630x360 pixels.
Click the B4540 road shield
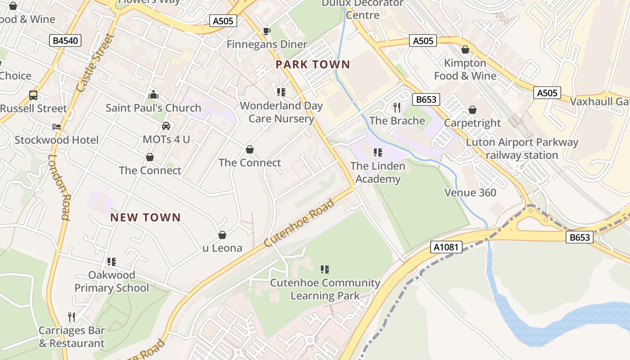(x=65, y=41)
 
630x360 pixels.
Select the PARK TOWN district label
(x=313, y=64)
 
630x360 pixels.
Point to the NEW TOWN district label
(x=145, y=218)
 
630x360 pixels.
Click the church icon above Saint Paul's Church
(x=153, y=94)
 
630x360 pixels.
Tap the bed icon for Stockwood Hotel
(x=56, y=127)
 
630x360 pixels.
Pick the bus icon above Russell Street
(x=33, y=95)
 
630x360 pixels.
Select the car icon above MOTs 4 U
(x=166, y=126)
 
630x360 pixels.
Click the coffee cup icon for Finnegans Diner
(x=266, y=31)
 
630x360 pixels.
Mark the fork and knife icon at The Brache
(x=397, y=107)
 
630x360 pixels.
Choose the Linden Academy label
(x=378, y=172)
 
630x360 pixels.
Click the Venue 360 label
(x=470, y=193)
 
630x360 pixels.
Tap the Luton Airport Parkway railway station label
(x=522, y=149)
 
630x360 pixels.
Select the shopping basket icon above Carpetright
(x=472, y=110)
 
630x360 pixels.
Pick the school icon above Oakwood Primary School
(x=112, y=261)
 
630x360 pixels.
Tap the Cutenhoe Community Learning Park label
(x=325, y=289)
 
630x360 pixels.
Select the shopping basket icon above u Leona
(x=222, y=235)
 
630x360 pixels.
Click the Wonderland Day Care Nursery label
(x=281, y=112)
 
